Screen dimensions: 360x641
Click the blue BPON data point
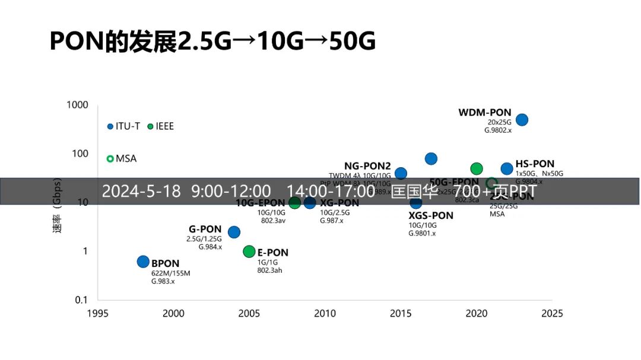point(143,262)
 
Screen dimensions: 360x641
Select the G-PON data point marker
point(234,232)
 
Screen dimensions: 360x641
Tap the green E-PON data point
point(249,251)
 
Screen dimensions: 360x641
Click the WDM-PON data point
point(522,120)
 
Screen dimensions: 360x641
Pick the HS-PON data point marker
point(507,168)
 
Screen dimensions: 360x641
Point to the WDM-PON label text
point(484,112)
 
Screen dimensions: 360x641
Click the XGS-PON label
point(431,216)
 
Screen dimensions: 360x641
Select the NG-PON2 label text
point(367,165)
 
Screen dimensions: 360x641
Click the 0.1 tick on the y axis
point(81,300)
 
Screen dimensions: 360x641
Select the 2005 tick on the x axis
point(249,313)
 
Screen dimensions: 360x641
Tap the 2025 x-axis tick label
point(551,313)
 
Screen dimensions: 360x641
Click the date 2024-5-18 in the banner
point(141,192)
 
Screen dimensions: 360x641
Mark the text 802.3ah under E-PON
point(269,270)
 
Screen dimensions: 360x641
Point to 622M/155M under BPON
point(171,273)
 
